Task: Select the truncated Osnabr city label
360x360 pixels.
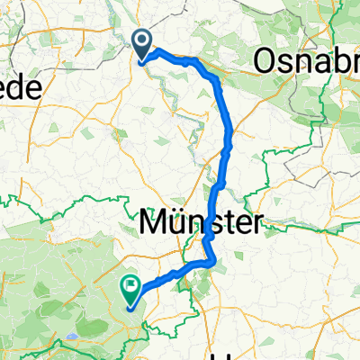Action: pyautogui.click(x=307, y=60)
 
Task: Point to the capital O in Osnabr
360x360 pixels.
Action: pyautogui.click(x=268, y=60)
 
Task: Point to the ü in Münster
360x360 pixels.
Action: pyautogui.click(x=179, y=221)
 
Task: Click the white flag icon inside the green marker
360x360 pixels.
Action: pyautogui.click(x=131, y=287)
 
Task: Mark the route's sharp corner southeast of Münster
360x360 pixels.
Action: pyautogui.click(x=214, y=263)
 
